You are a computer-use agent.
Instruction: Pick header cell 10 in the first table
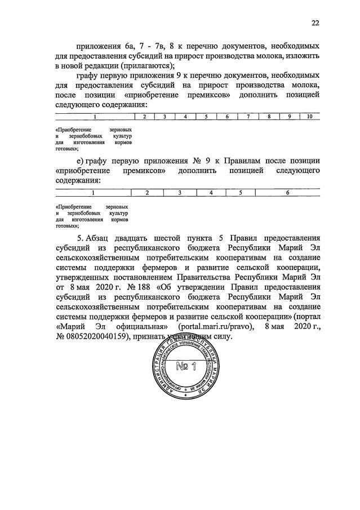[309, 117]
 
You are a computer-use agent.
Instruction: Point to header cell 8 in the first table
[269, 117]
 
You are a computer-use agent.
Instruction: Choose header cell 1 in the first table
[95, 117]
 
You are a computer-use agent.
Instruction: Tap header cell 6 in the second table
[287, 193]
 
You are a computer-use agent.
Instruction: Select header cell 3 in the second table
[179, 193]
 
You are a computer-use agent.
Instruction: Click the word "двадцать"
[139, 238]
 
